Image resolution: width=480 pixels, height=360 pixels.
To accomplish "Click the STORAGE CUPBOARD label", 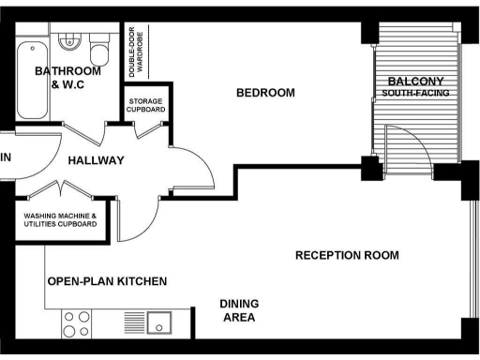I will click(146, 105).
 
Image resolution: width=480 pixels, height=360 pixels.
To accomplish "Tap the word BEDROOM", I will click(265, 93).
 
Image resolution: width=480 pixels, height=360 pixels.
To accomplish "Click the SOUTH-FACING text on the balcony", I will click(415, 94).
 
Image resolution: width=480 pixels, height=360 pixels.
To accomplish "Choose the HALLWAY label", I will click(96, 160).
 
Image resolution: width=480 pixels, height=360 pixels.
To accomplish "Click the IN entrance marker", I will click(5, 157).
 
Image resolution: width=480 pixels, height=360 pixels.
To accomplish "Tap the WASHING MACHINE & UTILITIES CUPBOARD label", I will click(60, 220).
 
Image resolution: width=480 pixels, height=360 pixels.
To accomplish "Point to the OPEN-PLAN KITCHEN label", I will click(106, 281).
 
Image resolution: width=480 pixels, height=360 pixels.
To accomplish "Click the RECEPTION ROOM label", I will click(347, 255).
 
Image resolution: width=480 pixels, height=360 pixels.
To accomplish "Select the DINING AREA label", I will click(239, 310).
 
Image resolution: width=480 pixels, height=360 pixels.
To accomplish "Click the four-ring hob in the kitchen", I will click(76, 323).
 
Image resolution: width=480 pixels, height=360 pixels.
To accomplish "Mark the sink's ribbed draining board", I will click(137, 323).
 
